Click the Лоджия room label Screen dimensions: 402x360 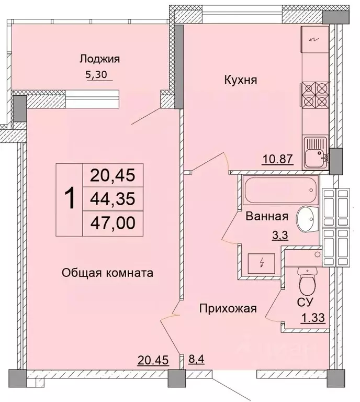100,59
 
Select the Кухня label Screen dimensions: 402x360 240,80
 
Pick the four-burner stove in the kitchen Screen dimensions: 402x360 314,95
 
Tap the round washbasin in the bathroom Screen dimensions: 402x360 307,218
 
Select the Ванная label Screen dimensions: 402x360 267,216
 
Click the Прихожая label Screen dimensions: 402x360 228,308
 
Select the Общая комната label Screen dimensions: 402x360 107,273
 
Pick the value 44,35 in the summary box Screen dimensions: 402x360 112,199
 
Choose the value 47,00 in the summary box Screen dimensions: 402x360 112,222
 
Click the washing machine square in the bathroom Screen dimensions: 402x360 258,262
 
